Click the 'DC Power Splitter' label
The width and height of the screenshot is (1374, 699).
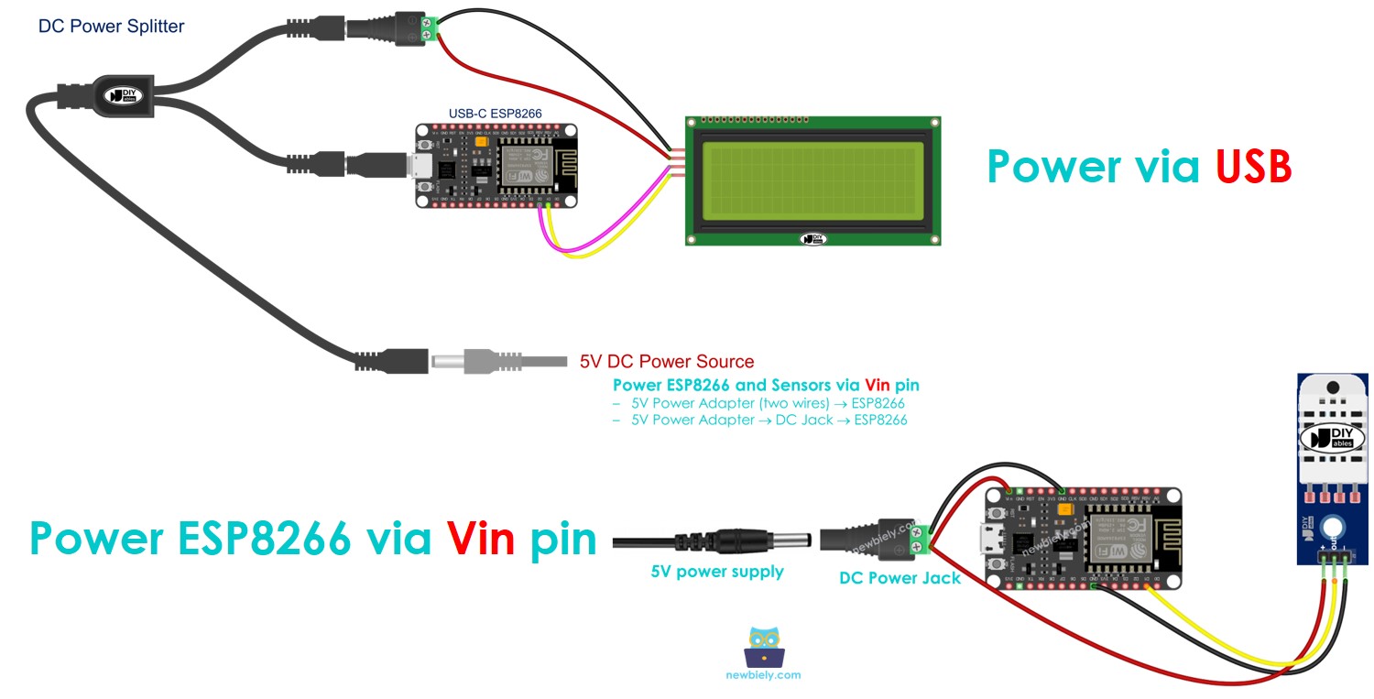click(111, 27)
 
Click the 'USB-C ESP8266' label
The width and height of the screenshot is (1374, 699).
click(495, 114)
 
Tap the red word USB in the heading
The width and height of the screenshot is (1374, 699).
click(1253, 167)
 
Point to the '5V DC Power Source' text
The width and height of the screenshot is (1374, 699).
click(667, 362)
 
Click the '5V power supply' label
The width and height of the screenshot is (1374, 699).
click(717, 572)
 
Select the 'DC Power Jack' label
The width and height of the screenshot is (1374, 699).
click(900, 578)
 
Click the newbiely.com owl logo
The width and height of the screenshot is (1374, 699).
click(766, 647)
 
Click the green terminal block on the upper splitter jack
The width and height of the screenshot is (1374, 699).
click(426, 26)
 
